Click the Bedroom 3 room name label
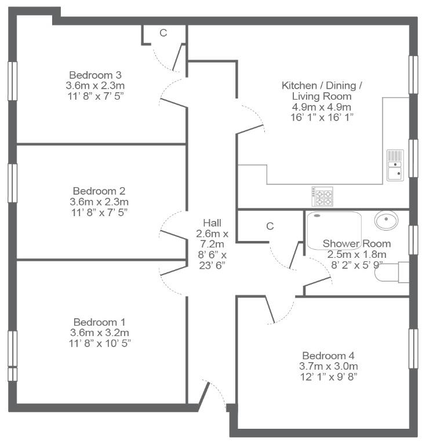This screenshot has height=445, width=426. [x=96, y=75]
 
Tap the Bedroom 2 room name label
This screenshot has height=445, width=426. [x=99, y=191]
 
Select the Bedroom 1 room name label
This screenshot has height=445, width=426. [x=99, y=322]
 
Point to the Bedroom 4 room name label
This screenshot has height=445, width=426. [x=329, y=356]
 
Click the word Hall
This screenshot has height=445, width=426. [x=212, y=223]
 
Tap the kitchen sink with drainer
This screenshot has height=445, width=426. [x=395, y=165]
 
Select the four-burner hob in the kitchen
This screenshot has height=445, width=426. [x=322, y=196]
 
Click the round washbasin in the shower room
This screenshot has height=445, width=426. [x=386, y=220]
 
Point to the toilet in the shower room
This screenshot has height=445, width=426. [x=392, y=272]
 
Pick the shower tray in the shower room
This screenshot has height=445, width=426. [x=334, y=231]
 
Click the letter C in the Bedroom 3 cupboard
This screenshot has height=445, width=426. [x=163, y=33]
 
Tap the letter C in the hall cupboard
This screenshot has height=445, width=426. [x=270, y=226]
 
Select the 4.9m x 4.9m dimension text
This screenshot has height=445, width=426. [x=322, y=107]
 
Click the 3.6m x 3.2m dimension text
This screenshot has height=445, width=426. [x=100, y=333]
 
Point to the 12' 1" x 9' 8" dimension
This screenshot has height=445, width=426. [x=329, y=377]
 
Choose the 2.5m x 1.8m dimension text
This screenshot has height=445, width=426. [x=357, y=254]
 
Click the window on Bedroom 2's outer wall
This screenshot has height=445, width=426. [x=13, y=183]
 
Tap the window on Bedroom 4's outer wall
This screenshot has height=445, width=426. [x=413, y=348]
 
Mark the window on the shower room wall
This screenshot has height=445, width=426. [x=413, y=240]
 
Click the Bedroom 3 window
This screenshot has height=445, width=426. [x=13, y=81]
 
